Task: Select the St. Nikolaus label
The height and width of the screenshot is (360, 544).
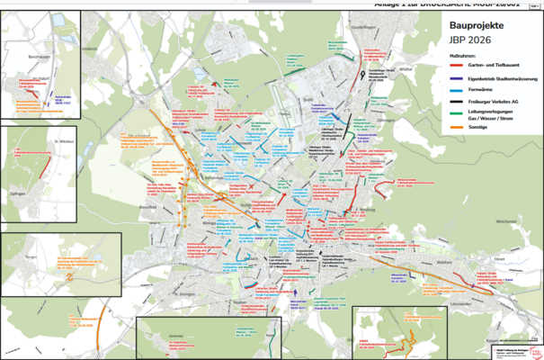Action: pos(64,140)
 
